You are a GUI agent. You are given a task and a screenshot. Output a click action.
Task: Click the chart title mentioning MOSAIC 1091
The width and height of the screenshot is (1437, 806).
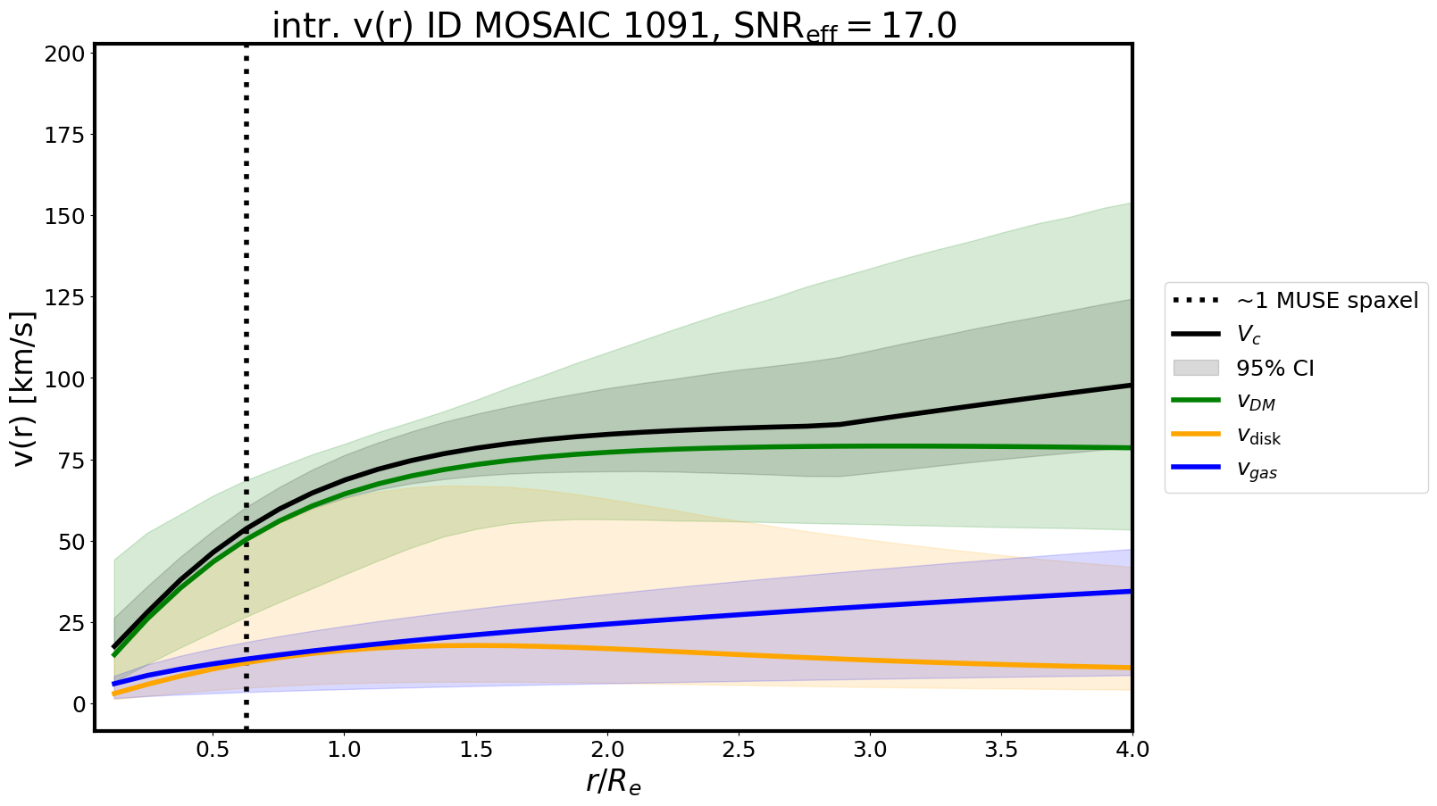(614, 26)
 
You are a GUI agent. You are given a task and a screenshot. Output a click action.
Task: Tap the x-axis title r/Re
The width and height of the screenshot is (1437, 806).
(614, 782)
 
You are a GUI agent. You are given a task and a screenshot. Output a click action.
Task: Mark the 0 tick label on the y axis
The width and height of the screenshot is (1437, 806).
(80, 704)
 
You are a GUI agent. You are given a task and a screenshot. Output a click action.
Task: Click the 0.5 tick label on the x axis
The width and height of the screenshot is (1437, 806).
(213, 749)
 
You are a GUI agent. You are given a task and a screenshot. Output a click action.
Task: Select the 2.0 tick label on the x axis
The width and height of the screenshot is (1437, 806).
(607, 749)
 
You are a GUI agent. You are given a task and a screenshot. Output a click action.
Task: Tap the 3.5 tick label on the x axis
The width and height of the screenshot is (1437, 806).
(1001, 749)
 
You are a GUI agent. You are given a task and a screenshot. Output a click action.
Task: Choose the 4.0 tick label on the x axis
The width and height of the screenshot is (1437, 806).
(1132, 749)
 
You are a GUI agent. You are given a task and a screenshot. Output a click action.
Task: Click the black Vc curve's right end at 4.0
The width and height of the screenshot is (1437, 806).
(1130, 386)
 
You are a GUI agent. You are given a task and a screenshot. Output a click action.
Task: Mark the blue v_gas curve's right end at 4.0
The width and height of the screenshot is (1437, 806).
(1130, 591)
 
